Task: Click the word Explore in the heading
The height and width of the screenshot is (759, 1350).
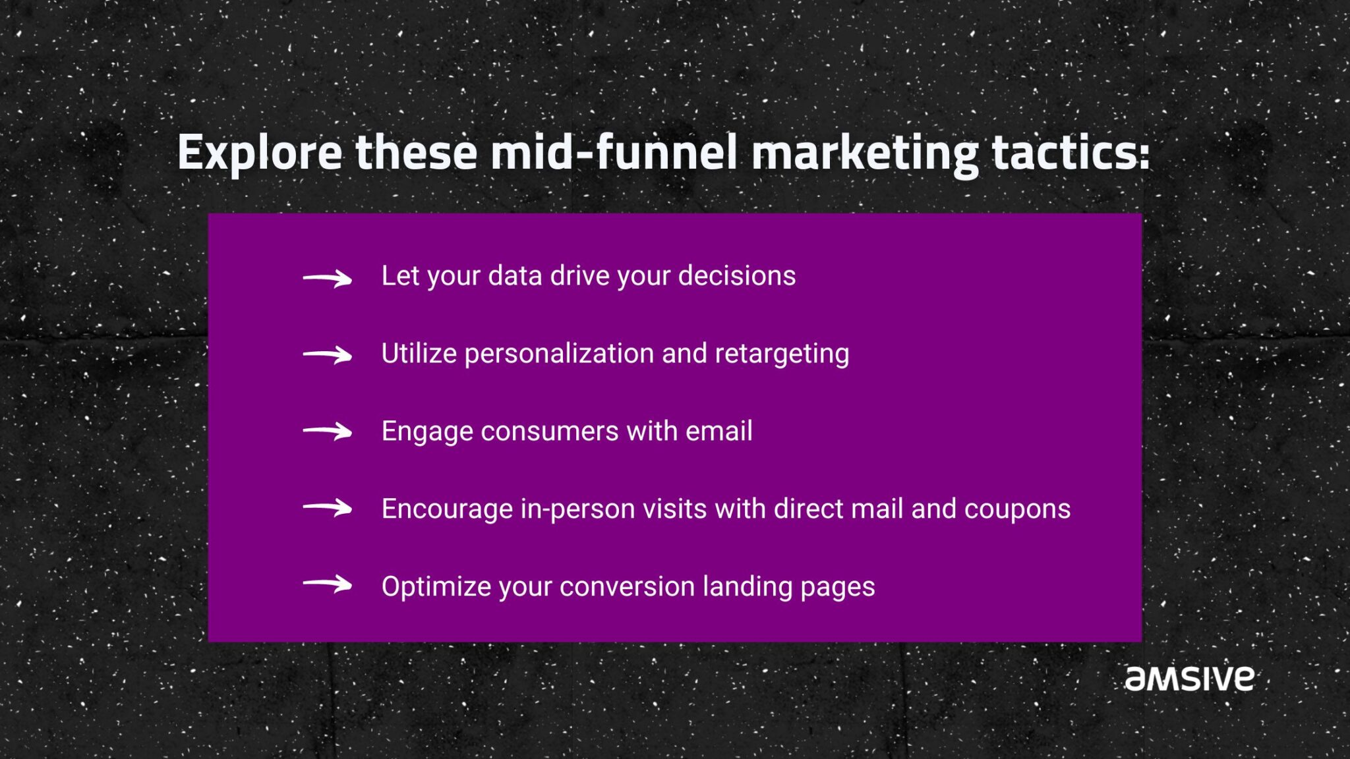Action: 260,154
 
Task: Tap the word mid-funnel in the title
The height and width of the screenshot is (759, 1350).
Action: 613,152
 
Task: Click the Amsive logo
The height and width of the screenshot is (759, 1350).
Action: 1189,679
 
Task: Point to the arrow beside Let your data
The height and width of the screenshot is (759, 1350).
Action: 328,279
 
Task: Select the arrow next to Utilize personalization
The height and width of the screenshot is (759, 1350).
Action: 328,356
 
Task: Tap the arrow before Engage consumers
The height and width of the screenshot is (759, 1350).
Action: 328,432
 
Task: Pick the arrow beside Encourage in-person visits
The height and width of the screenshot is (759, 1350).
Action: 328,508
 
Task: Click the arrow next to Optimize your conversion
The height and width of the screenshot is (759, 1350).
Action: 328,584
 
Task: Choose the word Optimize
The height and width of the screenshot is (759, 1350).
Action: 436,587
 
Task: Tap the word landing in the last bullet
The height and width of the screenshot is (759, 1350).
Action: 747,587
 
